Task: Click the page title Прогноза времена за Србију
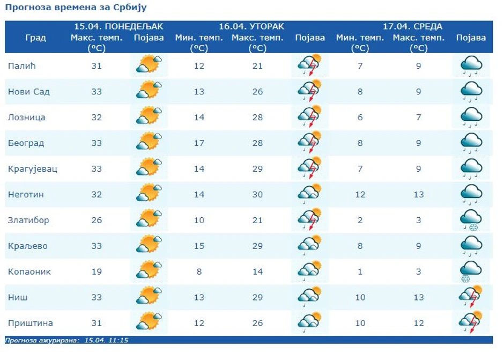76,8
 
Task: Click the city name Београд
26,143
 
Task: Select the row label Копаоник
29,271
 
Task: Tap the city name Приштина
30,323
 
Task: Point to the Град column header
35,38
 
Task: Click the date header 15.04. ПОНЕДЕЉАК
118,26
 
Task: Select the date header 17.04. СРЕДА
412,26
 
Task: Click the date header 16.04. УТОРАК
251,26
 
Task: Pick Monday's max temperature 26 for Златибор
97,221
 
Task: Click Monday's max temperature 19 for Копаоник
97,271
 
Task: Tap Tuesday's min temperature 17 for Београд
199,143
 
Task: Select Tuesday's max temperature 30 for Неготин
257,195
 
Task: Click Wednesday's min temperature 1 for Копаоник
360,271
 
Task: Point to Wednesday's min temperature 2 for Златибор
360,221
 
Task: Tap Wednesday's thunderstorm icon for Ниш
471,297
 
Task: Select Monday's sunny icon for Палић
149,65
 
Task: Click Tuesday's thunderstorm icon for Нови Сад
310,91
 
